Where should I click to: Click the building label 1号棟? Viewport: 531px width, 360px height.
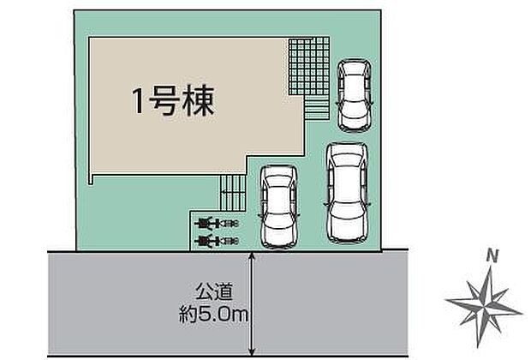(173, 101)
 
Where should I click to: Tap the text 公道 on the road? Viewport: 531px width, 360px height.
(214, 291)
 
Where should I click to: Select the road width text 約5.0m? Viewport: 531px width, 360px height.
(214, 315)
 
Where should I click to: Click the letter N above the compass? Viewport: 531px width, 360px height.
(492, 255)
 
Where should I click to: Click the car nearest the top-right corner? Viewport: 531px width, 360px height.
(355, 95)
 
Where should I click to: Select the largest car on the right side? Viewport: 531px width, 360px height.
(347, 193)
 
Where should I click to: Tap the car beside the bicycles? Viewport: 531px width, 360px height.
(279, 207)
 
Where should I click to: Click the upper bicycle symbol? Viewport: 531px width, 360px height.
(217, 223)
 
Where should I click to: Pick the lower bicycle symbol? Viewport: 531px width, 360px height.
(217, 241)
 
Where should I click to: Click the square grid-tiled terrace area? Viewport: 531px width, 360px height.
(309, 66)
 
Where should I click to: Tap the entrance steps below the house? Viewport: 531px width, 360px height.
(232, 193)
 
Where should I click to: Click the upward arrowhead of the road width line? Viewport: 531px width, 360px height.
(251, 255)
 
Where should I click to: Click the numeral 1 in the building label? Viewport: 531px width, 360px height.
(138, 101)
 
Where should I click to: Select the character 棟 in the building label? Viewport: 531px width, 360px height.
(199, 101)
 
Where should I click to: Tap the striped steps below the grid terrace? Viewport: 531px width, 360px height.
(317, 107)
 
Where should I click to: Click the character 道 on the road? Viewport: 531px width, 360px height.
(224, 291)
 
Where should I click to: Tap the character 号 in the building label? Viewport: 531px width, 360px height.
(163, 101)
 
